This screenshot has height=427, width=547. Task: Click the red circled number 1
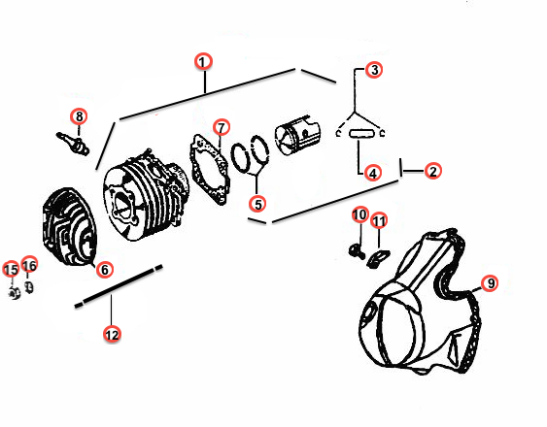(x=203, y=62)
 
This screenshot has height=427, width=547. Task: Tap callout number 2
(x=433, y=171)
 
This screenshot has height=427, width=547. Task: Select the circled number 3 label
(x=374, y=70)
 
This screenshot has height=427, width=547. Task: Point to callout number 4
(x=373, y=173)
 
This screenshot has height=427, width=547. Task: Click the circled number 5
(x=257, y=204)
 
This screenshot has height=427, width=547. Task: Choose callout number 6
(x=104, y=270)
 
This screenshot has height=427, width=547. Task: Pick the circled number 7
(x=222, y=127)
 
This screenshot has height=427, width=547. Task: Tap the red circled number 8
(x=79, y=116)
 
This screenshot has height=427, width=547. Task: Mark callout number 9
(x=490, y=282)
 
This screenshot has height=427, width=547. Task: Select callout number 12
(x=112, y=334)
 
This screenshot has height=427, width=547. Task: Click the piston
(x=297, y=136)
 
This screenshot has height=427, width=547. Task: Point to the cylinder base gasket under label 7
(x=211, y=168)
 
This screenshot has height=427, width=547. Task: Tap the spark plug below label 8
(x=73, y=143)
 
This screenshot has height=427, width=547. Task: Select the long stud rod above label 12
(x=119, y=286)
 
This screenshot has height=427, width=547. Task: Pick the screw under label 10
(x=357, y=250)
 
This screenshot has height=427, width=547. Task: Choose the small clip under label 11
(x=378, y=258)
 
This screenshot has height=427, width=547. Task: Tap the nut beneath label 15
(x=14, y=292)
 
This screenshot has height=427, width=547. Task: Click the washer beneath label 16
(x=29, y=287)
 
